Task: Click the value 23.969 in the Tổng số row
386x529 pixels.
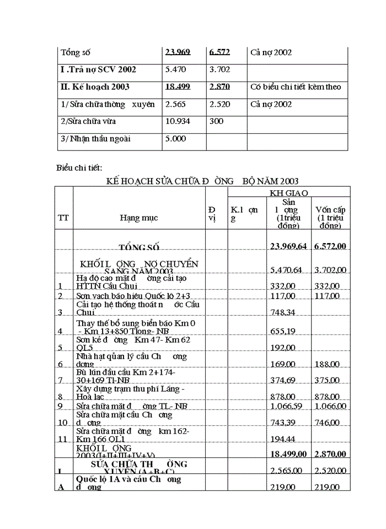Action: pyautogui.click(x=178, y=52)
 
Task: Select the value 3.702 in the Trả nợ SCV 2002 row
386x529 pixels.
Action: pyautogui.click(x=219, y=69)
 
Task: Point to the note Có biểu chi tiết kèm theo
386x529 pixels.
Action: pyautogui.click(x=295, y=87)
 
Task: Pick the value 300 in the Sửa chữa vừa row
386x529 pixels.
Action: pyautogui.click(x=216, y=121)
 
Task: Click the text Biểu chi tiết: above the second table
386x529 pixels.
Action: pyautogui.click(x=79, y=168)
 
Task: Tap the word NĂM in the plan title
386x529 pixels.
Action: pyautogui.click(x=266, y=181)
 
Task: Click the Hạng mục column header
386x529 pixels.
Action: pyautogui.click(x=138, y=218)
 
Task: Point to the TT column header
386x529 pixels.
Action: pyautogui.click(x=63, y=218)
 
